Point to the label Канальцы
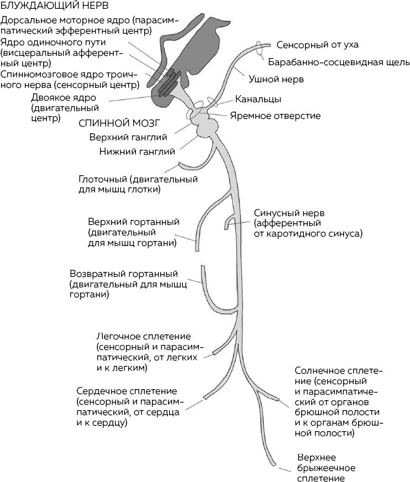258,100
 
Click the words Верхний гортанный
133,222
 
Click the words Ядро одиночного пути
53,43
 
